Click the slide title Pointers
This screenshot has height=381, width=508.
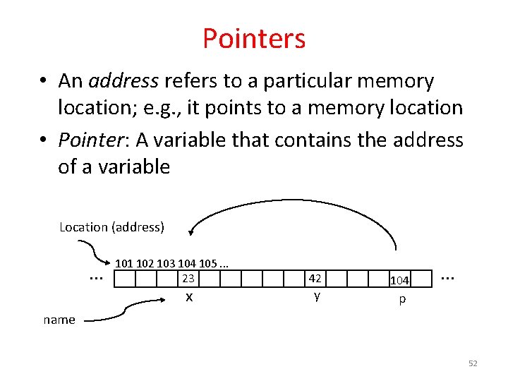pos(254,38)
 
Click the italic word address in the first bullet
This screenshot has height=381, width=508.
pos(123,81)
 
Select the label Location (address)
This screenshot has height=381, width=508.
pos(111,227)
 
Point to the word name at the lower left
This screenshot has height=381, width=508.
pos(59,320)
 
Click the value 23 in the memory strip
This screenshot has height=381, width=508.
pos(188,278)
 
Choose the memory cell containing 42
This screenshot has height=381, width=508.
pos(315,279)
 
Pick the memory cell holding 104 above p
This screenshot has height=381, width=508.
pos(400,281)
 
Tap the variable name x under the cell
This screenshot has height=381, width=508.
pos(188,297)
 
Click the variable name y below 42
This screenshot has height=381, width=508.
pos(317,296)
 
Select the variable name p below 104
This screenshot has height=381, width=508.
pos(401,299)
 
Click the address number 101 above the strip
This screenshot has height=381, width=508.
pos(124,264)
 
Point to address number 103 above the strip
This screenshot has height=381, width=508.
pos(167,264)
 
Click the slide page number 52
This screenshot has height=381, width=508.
pos(473,363)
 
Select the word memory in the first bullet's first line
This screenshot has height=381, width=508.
pos(395,81)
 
